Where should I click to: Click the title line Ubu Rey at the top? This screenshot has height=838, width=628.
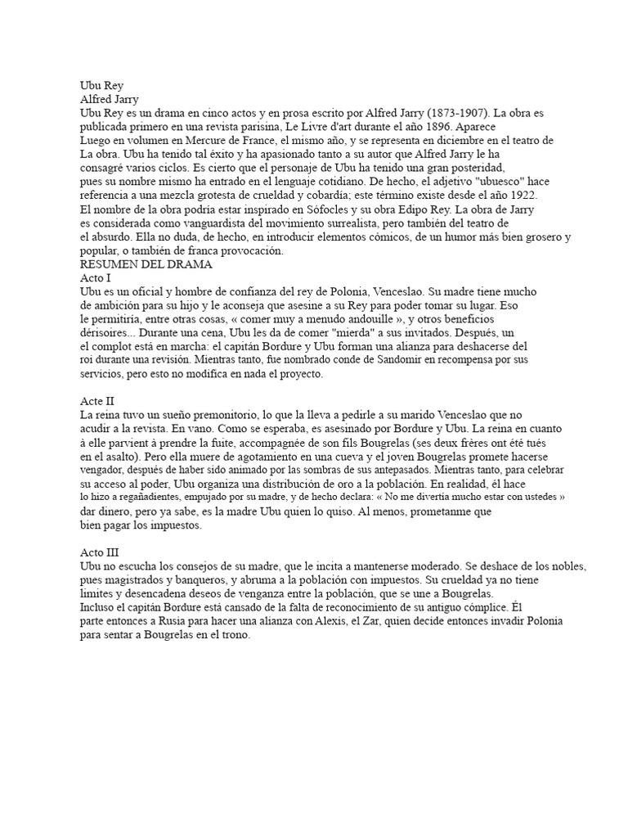101,83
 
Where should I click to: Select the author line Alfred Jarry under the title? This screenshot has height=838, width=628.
109,98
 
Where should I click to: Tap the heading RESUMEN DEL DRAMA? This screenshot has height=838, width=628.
146,264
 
